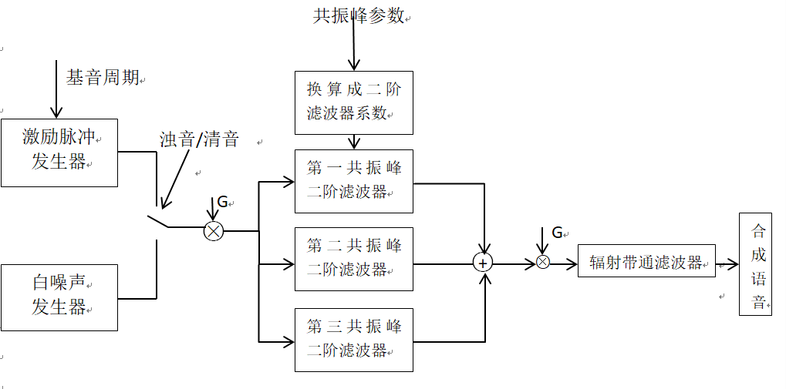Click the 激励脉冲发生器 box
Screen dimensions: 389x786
pos(59,152)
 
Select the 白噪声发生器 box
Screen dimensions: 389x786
pos(59,297)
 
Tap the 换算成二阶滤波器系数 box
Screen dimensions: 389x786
pos(354,102)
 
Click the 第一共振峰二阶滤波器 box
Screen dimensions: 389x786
pos(354,180)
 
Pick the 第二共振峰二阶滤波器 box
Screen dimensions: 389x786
pos(354,258)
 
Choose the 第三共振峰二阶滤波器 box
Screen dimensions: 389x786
pos(354,339)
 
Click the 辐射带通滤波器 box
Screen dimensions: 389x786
pos(646,261)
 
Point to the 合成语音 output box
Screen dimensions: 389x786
pos(754,263)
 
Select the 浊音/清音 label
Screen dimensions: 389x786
pos(198,139)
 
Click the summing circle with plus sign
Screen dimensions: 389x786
pos(484,263)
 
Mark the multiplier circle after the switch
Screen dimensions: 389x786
pos(214,230)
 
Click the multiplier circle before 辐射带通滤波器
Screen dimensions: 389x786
pos(542,263)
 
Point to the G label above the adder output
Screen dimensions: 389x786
pos(557,233)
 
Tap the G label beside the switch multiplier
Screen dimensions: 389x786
pos(222,202)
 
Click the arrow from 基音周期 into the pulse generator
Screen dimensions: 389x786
pos(56,89)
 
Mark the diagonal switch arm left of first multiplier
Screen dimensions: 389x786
pos(158,222)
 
